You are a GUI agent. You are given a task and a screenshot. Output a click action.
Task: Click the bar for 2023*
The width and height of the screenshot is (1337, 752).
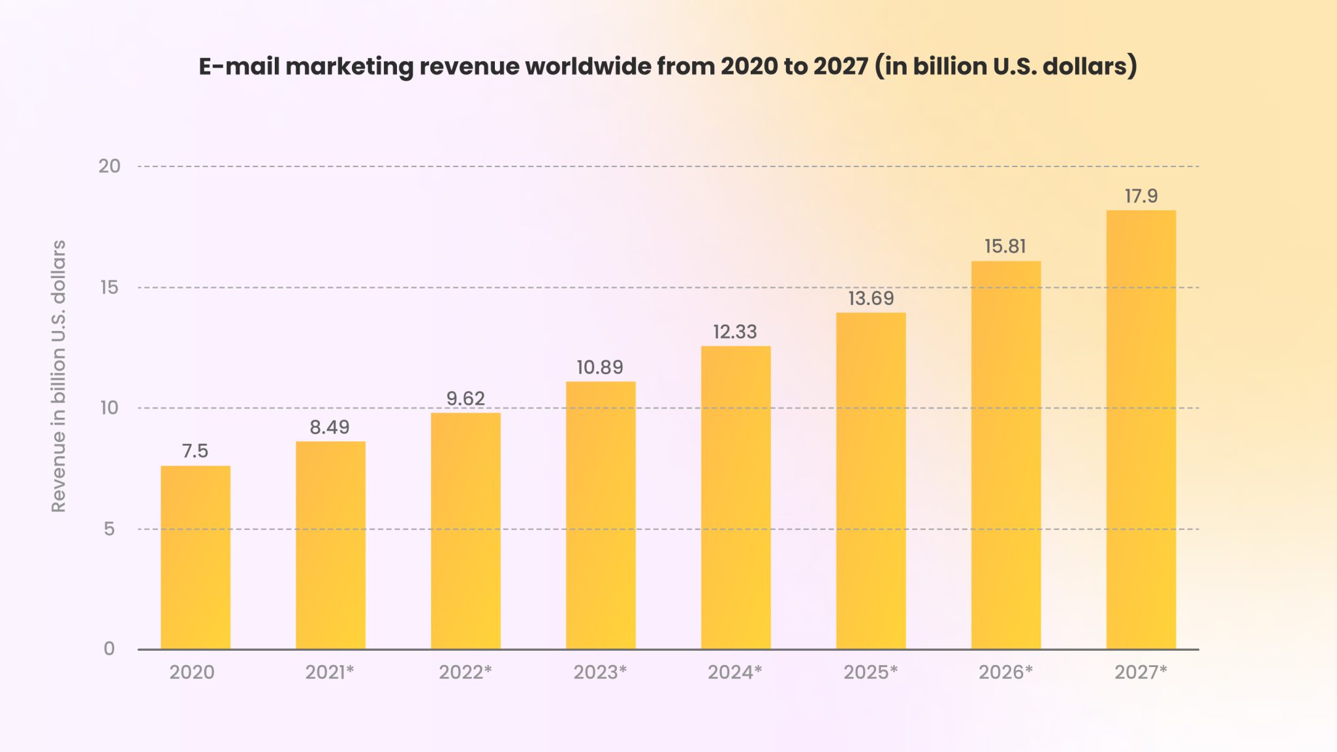coord(601,515)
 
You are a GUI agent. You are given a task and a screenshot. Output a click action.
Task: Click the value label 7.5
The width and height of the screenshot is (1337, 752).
coord(195,451)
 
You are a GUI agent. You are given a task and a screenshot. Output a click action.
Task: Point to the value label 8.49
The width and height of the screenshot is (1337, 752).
coord(330,428)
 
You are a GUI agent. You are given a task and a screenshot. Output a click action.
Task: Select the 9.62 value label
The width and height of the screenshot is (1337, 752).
coord(465,399)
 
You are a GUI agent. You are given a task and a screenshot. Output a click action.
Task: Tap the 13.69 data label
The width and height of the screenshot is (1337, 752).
coord(871,299)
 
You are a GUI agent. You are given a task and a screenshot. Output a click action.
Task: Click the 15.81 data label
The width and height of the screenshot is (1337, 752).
coord(1005,247)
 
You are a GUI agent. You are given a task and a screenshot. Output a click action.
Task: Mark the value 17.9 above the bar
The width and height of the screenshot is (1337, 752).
coord(1140,196)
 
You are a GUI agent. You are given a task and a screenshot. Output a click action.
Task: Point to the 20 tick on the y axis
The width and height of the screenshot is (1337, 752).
coord(109,166)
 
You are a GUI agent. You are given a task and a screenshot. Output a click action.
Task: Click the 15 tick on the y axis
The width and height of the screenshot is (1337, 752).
coord(109,288)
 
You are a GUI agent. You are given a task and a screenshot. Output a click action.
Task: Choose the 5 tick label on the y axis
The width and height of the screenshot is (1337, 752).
coord(109,529)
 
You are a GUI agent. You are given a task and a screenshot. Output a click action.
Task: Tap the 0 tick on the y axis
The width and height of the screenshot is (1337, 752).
coord(109,649)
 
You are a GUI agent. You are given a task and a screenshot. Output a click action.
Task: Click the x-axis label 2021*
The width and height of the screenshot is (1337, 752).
coord(330,672)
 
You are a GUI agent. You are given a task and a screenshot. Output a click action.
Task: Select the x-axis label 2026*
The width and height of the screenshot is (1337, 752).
coord(1005,672)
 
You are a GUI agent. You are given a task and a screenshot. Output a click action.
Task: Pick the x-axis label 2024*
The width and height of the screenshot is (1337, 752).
coord(735,672)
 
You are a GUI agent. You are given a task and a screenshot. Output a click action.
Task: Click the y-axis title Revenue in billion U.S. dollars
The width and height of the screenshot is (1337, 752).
coord(59,376)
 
